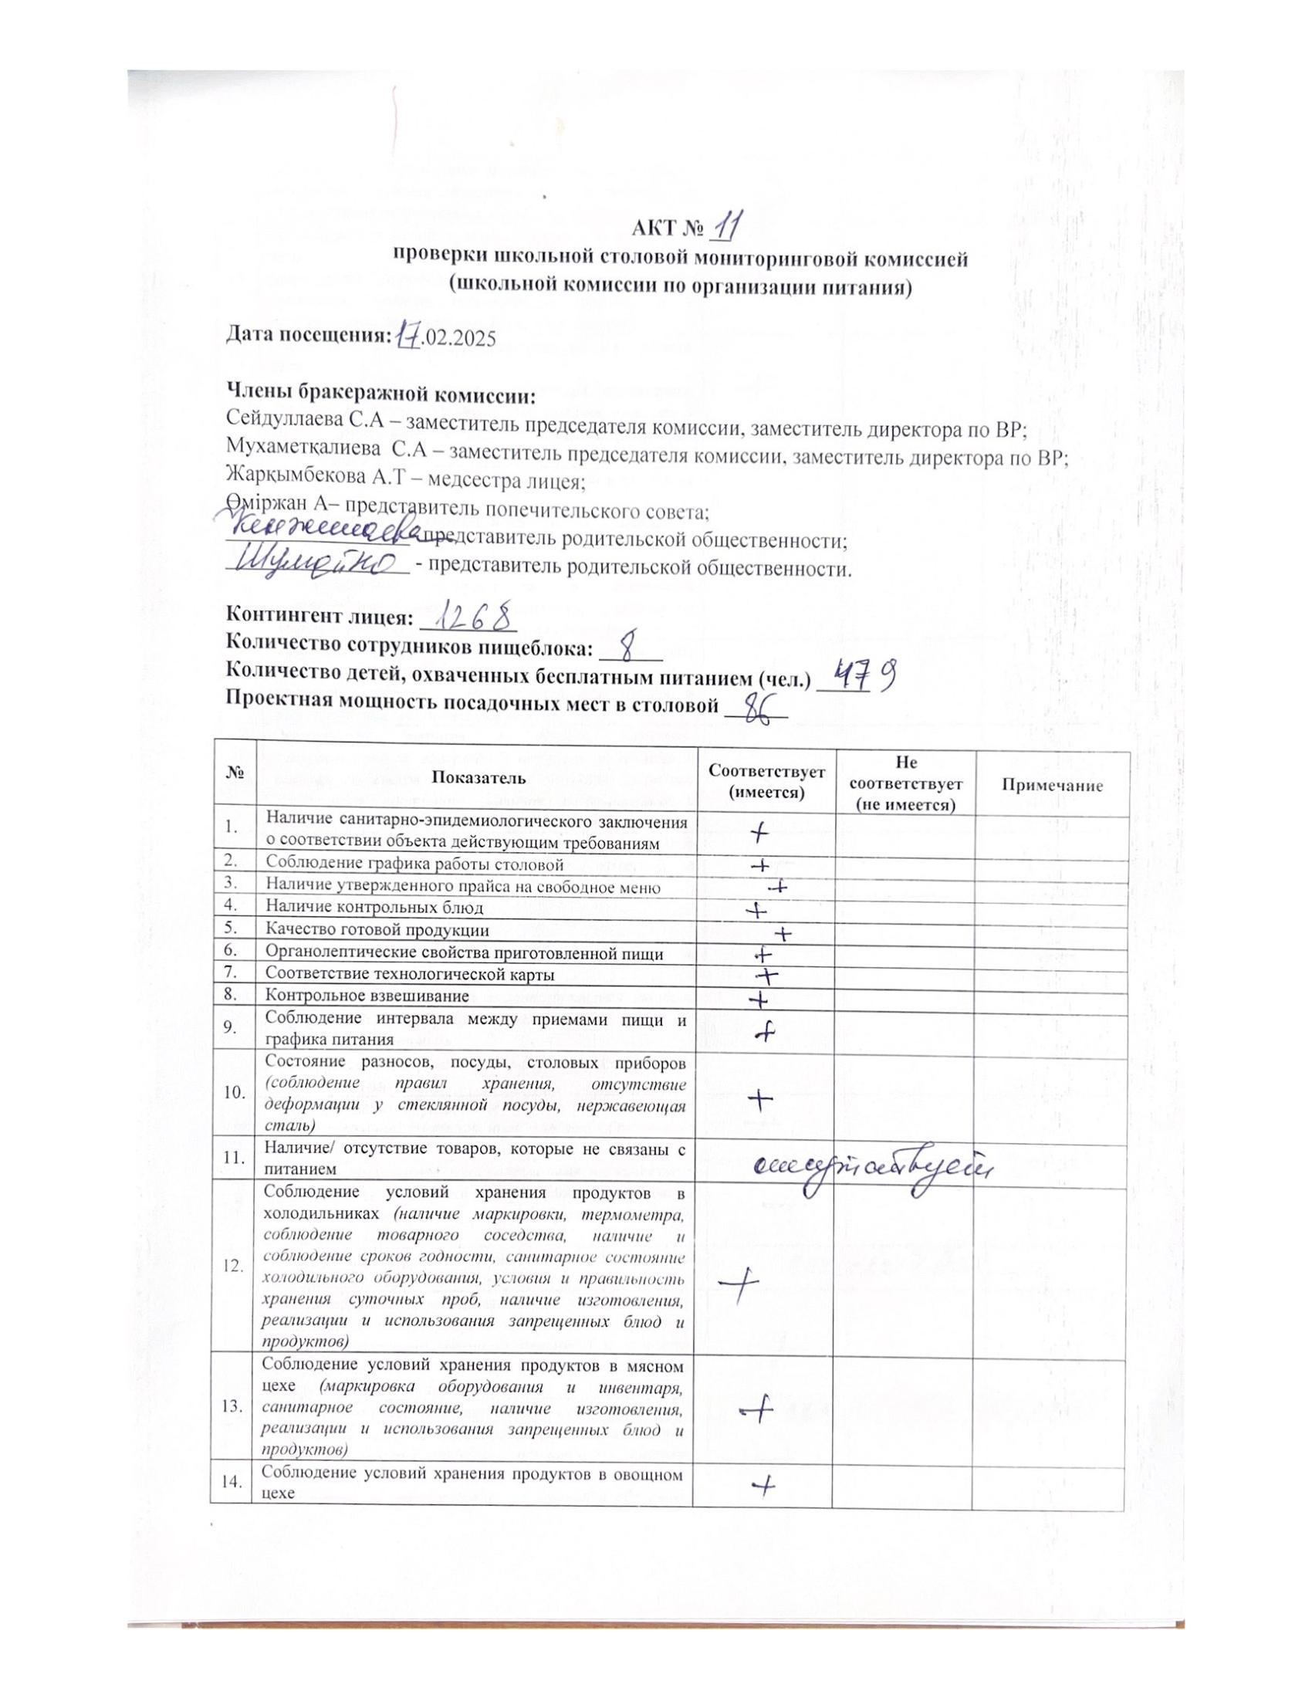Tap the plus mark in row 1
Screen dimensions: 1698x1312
(x=759, y=834)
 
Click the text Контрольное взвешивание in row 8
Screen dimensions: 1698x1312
(x=367, y=996)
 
